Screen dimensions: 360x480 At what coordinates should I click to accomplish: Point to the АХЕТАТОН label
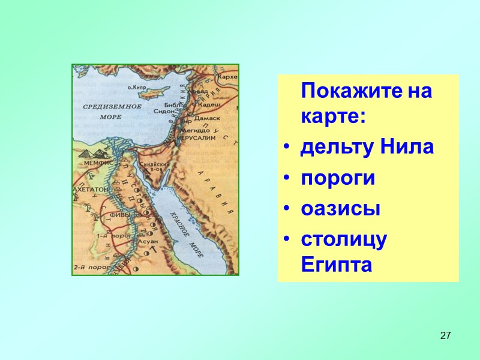click(x=91, y=188)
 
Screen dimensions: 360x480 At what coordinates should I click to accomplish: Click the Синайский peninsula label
click(x=151, y=163)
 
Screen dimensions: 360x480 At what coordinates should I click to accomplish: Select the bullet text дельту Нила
click(x=367, y=147)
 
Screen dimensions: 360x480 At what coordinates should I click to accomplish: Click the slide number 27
click(x=445, y=335)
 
